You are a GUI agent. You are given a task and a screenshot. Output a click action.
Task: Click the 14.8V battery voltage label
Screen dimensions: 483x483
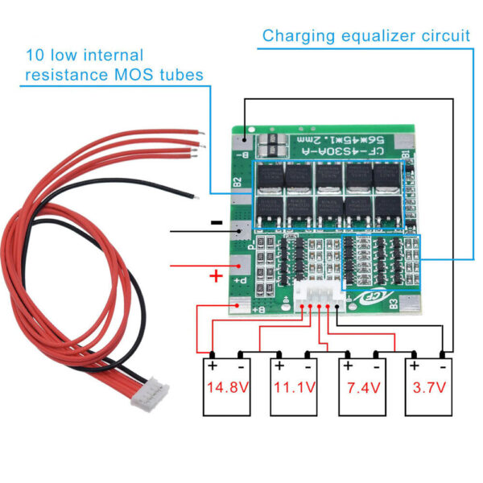coord(228,387)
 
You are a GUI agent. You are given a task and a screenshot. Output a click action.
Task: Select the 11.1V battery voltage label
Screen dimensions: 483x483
coord(295,387)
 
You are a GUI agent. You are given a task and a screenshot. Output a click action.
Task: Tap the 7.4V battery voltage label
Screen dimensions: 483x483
coord(361,387)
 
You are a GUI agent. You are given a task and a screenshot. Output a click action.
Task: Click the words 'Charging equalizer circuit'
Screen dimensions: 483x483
coord(366,35)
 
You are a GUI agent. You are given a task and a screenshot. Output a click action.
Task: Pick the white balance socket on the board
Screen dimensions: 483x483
coord(316,296)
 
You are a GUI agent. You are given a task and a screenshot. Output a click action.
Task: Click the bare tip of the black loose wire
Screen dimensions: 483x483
coord(190,193)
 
